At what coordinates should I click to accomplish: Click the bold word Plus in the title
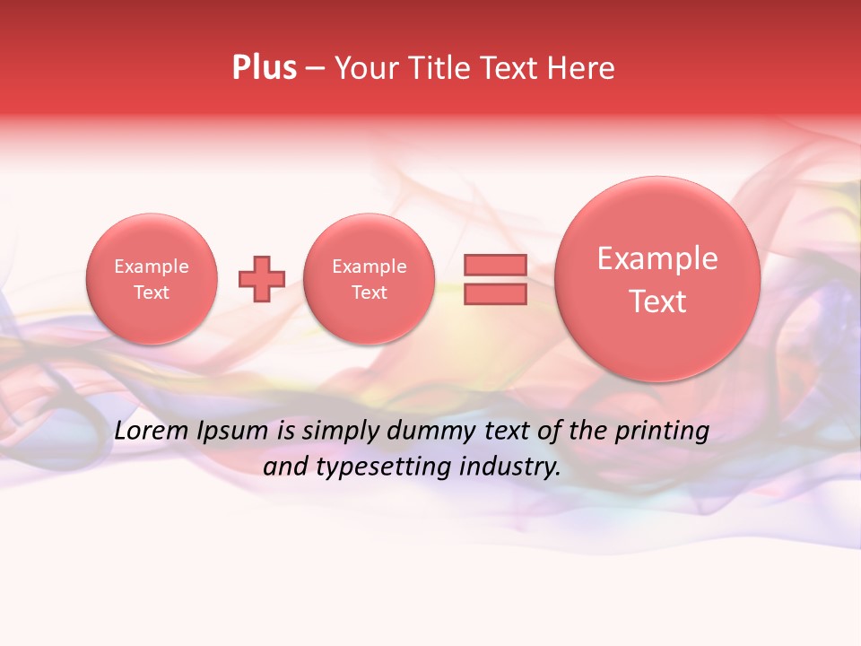tap(264, 68)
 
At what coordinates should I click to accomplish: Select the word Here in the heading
tap(583, 68)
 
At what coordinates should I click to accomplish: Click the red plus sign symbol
tap(262, 279)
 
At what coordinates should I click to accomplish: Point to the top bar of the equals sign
tap(495, 265)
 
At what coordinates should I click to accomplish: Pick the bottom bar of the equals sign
tap(495, 293)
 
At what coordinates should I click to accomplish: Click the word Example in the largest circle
tap(657, 258)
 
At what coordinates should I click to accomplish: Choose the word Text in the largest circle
tap(657, 301)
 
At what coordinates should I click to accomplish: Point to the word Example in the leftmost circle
tap(152, 266)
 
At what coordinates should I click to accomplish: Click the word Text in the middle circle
tap(369, 292)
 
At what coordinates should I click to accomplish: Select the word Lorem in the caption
tap(152, 431)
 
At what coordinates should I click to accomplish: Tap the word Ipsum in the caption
tap(232, 431)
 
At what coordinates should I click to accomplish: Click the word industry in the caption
tap(509, 467)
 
